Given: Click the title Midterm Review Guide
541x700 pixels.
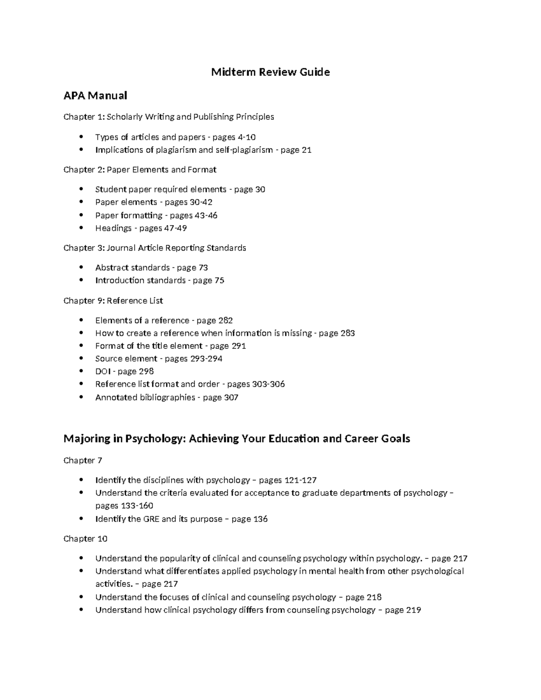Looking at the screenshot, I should pos(270,72).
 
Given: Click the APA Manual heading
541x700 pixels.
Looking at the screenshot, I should pos(95,96).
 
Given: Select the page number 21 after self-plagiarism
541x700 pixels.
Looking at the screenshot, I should pos(307,150).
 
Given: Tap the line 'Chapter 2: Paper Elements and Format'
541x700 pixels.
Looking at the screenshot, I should pos(140,170).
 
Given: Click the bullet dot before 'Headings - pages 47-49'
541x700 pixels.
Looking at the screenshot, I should pos(81,228).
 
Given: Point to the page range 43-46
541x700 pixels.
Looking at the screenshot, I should pos(206,215).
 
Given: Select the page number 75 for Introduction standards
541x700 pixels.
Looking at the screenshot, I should pos(219,281).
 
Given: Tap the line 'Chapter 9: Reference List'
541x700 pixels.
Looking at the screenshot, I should pos(113,301).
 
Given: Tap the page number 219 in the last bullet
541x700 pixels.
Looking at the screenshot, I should pos(413,610).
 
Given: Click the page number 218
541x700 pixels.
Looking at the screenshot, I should pos(374,597).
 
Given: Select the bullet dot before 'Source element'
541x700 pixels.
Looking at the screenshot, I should pos(81,359).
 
